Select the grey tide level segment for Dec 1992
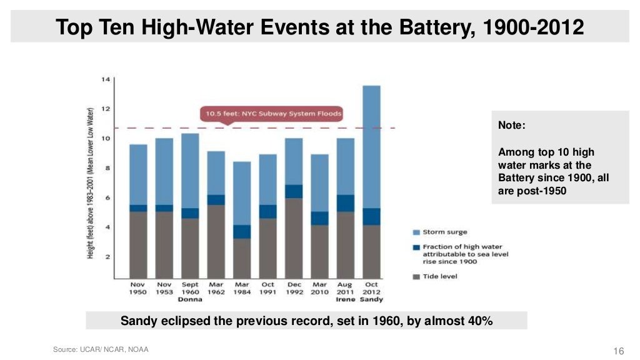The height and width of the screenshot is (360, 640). [294, 238]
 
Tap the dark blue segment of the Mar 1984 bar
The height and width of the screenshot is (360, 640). [242, 232]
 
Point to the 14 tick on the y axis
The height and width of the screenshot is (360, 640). [106, 79]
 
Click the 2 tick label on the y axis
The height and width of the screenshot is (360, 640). [107, 257]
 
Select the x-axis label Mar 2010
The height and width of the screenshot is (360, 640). [319, 288]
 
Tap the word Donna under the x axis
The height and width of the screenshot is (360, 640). [190, 300]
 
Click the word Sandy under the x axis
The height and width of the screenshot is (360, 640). [371, 300]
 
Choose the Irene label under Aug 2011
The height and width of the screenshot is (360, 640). [345, 300]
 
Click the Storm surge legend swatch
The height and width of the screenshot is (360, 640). [416, 232]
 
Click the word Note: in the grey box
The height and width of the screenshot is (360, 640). [512, 126]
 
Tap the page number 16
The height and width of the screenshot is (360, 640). [620, 350]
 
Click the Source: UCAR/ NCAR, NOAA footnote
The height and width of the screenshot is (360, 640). [101, 349]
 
